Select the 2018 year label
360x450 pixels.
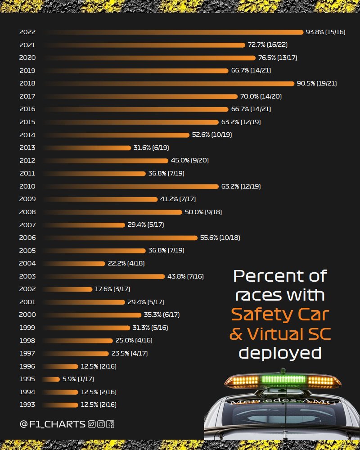pos(27,83)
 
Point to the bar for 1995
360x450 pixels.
pos(52,379)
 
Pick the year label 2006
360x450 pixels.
pos(27,238)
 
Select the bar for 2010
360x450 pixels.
pos(130,186)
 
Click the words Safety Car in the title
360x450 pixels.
pos(280,314)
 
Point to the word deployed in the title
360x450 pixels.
pos(280,353)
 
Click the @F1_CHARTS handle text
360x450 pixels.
pos(53,424)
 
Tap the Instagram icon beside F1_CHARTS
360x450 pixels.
pos(101,424)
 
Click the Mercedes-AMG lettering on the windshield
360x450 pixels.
pos(282,401)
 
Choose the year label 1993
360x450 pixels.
pos(27,405)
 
